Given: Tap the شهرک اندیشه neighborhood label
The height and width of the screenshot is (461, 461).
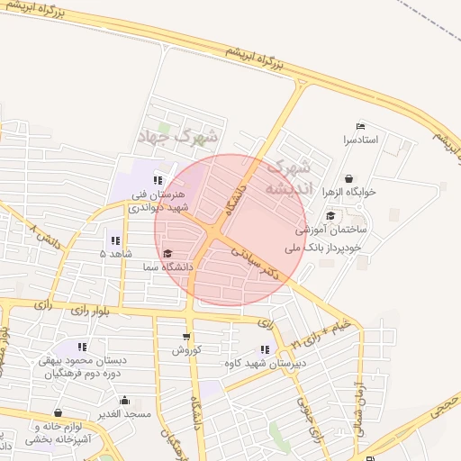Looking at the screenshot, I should coord(291,176).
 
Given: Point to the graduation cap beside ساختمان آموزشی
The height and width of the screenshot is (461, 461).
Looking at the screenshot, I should coord(330,215).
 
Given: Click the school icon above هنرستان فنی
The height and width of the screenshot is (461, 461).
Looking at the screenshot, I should coord(158,180).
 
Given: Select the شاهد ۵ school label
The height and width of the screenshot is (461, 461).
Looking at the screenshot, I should coord(114,255).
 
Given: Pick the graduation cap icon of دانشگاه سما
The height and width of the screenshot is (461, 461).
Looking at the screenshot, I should coord(167,253).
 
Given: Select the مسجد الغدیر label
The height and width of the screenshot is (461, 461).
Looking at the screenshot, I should coord(124,413).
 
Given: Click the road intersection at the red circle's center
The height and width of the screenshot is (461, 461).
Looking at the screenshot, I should coord(212,233).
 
